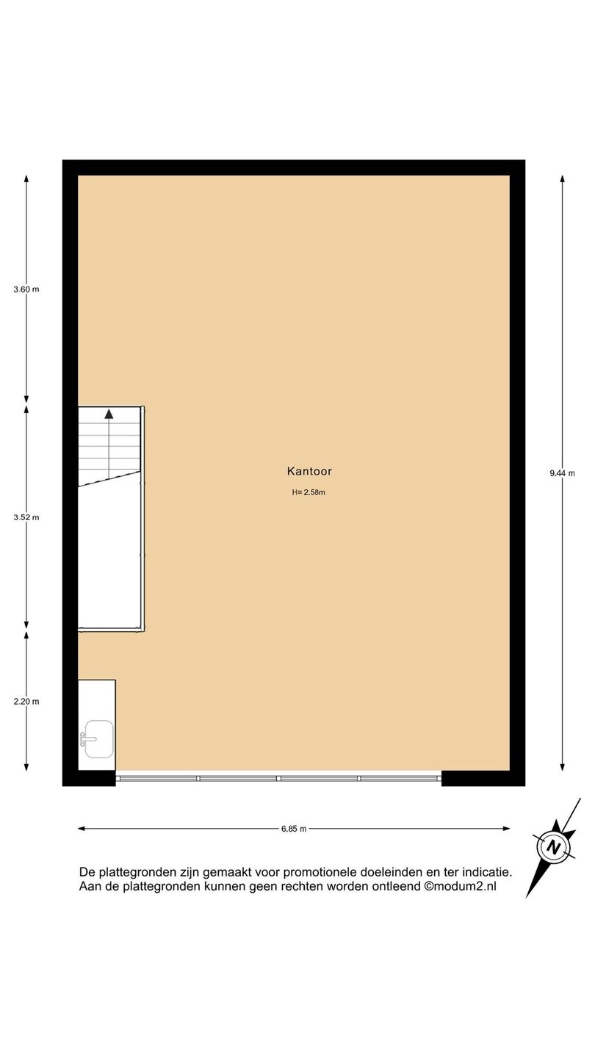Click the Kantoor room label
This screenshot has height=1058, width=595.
(309, 471)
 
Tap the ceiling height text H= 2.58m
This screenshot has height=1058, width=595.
(309, 492)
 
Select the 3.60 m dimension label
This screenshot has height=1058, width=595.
(26, 289)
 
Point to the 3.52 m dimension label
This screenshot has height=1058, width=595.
(26, 517)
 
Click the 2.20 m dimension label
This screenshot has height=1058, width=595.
(26, 702)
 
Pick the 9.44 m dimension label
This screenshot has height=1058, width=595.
(562, 473)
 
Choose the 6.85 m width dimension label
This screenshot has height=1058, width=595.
(294, 829)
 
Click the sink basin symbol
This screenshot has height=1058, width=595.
(99, 739)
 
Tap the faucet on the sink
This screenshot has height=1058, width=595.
(88, 739)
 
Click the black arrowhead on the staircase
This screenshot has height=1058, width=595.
(109, 414)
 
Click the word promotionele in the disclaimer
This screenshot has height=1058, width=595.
(320, 872)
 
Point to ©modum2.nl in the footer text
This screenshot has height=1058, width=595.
(460, 886)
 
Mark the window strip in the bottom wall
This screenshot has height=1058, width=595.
(278, 778)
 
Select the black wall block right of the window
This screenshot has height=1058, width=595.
(483, 778)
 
